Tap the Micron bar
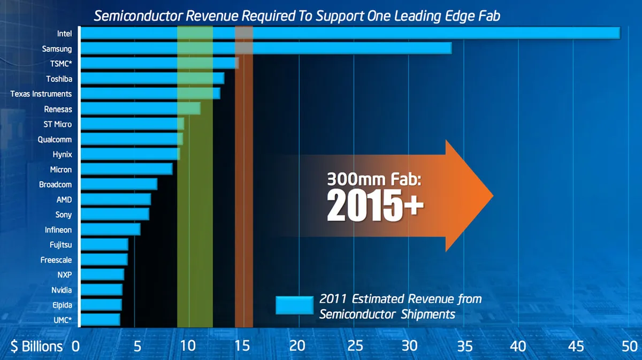126,169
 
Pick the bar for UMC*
100,320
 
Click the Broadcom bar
119,184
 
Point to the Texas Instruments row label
41,94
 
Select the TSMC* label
60,64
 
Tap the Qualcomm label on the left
55,139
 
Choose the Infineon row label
58,229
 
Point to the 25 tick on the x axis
355,346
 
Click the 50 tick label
629,346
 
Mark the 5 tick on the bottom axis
137,346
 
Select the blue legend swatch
294,305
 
